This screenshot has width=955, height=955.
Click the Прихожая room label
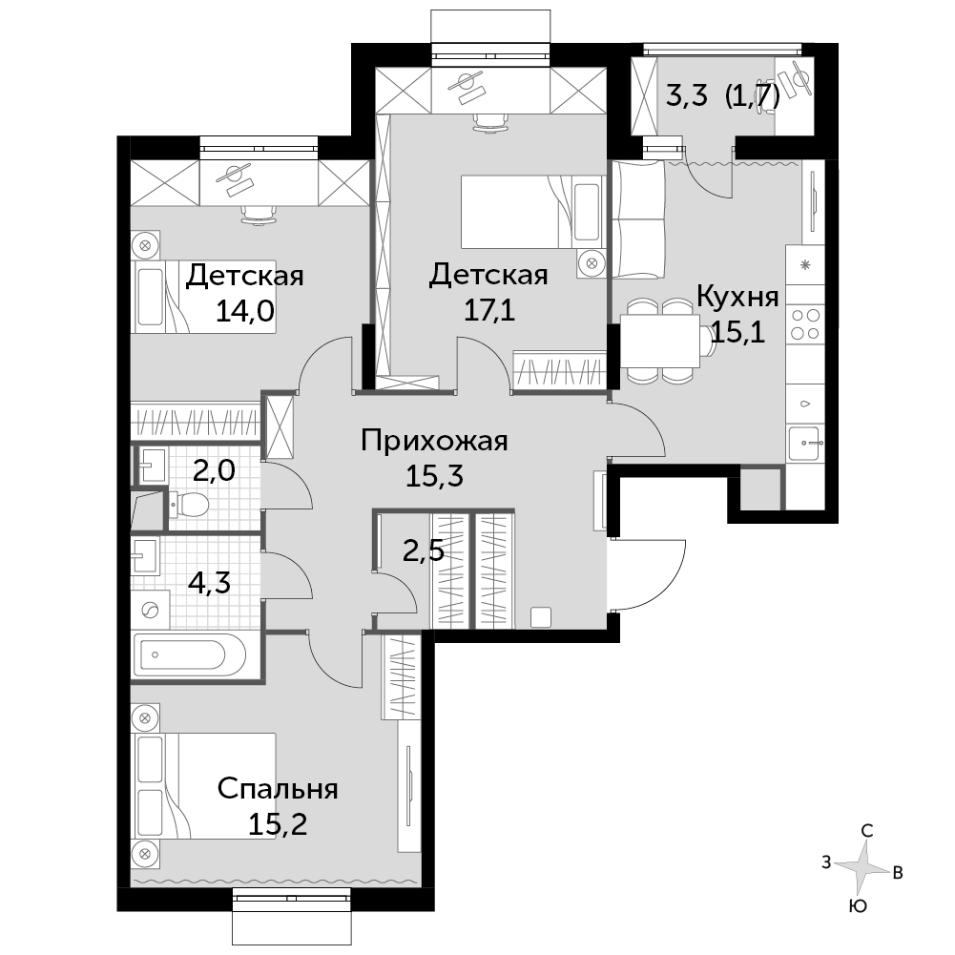coord(434,440)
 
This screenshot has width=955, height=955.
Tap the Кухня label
coord(737,297)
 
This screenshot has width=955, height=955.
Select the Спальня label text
coord(278,789)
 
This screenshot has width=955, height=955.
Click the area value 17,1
coord(489,311)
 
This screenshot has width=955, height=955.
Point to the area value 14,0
coord(245,311)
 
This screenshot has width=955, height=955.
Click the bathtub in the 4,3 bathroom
coord(190,654)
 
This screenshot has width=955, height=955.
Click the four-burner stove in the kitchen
coord(804,324)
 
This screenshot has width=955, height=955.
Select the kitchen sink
coord(804,443)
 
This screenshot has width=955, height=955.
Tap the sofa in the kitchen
coord(637,219)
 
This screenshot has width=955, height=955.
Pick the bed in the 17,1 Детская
coord(533,212)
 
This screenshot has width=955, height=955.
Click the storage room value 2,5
coord(424,551)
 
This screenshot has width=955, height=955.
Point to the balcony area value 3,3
coord(686,96)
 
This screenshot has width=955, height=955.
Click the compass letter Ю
coord(858,907)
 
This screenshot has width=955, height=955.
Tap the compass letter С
coord(866,831)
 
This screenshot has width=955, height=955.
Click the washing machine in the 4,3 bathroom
coord(150,610)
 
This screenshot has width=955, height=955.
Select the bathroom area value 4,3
coord(209,583)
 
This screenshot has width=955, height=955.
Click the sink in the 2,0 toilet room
coord(152,466)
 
